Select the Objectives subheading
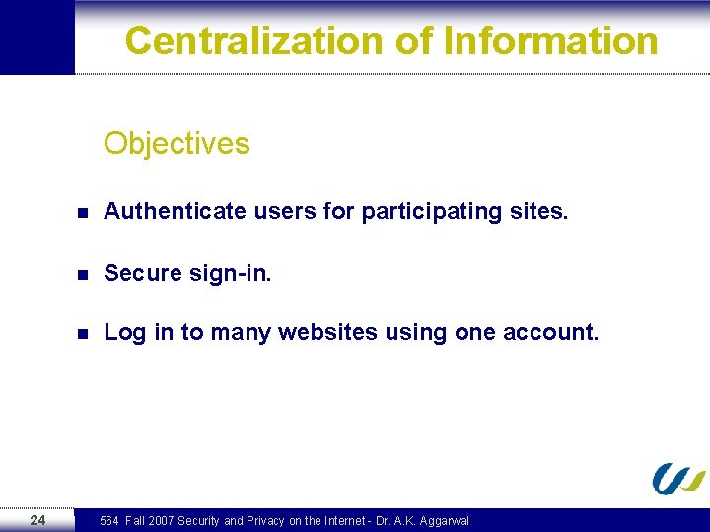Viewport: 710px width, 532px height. [177, 144]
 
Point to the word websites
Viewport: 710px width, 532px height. [327, 332]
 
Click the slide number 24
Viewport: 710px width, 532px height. [37, 520]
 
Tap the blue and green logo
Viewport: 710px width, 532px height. [678, 478]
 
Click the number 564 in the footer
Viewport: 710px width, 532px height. [109, 521]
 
